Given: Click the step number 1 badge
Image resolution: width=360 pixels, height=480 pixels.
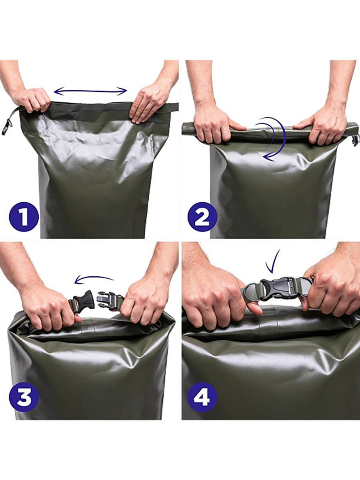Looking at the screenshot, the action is tap(23, 217).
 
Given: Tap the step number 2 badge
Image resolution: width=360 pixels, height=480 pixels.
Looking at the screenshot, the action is tap(202, 217).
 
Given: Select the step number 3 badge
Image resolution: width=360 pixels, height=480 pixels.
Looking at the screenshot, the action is tap(24, 397).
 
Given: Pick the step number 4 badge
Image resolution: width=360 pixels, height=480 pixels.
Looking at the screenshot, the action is tap(202, 397).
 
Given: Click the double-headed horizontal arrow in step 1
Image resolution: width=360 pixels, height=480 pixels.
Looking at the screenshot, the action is tap(90, 91).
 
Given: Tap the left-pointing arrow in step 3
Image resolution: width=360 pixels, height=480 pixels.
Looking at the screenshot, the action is tap(94, 279).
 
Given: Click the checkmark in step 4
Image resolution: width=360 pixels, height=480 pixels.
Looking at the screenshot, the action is tap(273, 261).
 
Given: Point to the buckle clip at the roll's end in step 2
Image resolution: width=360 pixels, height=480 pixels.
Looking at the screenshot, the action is tap(355, 140).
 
